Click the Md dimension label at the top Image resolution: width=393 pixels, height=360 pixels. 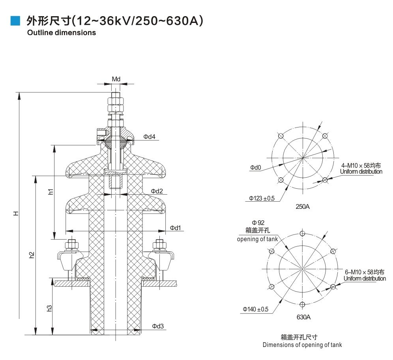[x=116, y=79]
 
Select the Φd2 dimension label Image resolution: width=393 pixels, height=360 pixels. [x=157, y=191]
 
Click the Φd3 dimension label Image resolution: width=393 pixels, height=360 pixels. [x=158, y=326]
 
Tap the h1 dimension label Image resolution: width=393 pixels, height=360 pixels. [x=51, y=192]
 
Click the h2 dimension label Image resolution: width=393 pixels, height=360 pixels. [x=32, y=255]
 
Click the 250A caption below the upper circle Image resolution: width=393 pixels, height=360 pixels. [x=303, y=206]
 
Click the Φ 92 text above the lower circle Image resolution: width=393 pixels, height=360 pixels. [x=258, y=223]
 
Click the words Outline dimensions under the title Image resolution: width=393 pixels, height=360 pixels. [x=62, y=33]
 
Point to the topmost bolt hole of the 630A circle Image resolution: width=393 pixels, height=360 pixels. [x=303, y=233]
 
